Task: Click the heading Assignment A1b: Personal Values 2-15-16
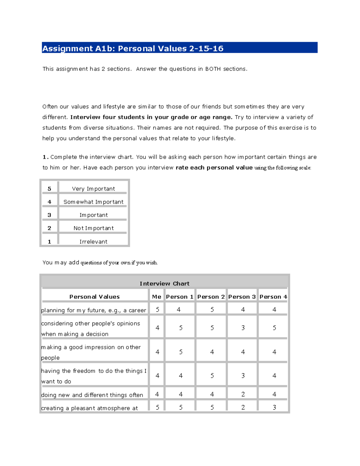tap(133, 48)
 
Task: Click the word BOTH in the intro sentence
tap(213, 69)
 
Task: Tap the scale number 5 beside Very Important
tap(49, 189)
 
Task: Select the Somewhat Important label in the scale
tap(93, 202)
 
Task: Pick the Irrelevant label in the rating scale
tap(93, 242)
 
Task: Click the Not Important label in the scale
tap(93, 228)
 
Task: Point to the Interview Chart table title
tap(164, 284)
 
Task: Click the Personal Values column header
tap(94, 297)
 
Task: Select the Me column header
tap(157, 297)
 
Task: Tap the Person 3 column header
tap(242, 297)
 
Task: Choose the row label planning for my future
tap(94, 310)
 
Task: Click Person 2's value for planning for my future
tap(212, 309)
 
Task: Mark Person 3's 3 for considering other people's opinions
tap(243, 328)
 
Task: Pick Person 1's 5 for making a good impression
tap(181, 352)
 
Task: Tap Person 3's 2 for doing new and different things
tap(243, 394)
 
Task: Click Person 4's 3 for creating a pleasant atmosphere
tap(274, 407)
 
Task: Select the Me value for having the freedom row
tap(157, 375)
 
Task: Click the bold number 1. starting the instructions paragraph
tap(45, 157)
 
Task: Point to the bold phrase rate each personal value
tap(214, 168)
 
